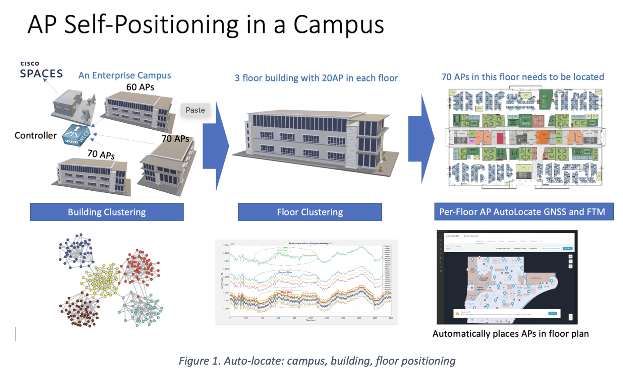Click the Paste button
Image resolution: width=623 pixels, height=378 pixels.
(195, 110)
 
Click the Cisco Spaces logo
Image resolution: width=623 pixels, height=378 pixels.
(41, 70)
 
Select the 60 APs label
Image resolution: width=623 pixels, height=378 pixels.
(140, 87)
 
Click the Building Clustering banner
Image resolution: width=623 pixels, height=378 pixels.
(107, 212)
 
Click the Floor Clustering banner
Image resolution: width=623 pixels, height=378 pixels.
(309, 212)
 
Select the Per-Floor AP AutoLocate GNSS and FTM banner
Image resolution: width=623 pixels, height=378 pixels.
(524, 212)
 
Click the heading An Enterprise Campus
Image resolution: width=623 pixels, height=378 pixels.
(124, 75)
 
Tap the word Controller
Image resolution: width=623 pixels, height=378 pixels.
(36, 135)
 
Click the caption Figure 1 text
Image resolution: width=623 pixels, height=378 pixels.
(317, 361)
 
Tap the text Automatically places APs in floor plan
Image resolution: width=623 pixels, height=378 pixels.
(510, 334)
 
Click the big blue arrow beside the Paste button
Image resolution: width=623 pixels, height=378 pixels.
(216, 146)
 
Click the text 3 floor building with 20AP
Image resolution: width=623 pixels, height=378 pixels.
(316, 78)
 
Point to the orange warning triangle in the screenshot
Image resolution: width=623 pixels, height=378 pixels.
(457, 313)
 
